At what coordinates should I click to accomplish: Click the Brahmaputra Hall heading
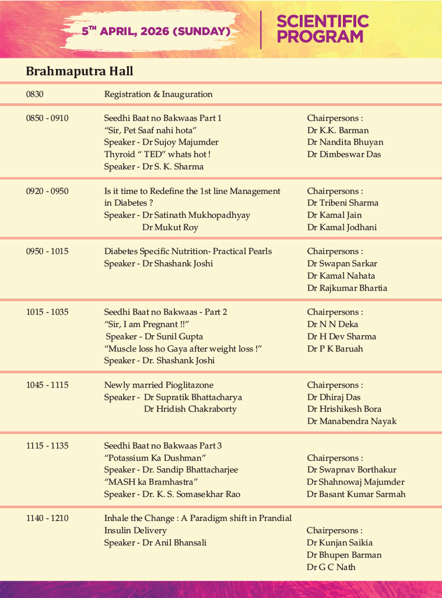point(79,71)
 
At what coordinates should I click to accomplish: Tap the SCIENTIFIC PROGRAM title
point(322,29)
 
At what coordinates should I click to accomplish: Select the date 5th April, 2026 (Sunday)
point(156,31)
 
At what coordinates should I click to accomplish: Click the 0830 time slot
point(34,94)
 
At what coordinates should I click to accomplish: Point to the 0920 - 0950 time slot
point(47,191)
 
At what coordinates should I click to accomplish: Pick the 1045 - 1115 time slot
point(47,385)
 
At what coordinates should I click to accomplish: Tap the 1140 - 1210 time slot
point(47,518)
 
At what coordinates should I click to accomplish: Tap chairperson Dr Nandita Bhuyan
point(345,142)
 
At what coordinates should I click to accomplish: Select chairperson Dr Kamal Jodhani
point(342,227)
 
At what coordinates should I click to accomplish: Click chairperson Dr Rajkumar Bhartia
point(347,288)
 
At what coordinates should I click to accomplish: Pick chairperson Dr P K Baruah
point(335,349)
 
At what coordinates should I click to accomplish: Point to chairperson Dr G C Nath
point(331,567)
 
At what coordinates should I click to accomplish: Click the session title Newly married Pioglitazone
point(159,385)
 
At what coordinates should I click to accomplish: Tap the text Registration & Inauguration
point(158,94)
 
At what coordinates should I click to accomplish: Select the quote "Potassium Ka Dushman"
point(155,458)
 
